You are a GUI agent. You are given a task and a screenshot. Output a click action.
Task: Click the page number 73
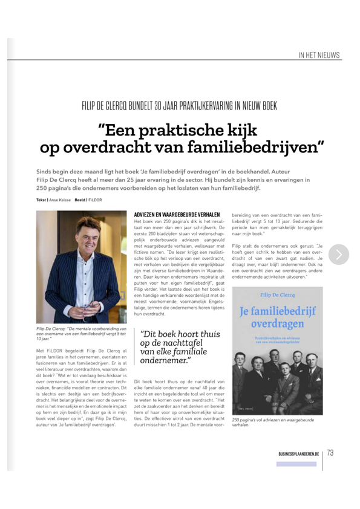tap(330, 452)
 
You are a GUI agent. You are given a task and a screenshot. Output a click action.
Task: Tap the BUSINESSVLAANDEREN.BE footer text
tap(298, 453)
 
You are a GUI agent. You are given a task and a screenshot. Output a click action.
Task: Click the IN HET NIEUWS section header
tap(319, 55)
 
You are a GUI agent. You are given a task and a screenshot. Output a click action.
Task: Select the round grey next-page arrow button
tap(339, 254)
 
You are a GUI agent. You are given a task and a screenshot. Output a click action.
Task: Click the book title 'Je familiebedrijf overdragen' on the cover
tap(278, 318)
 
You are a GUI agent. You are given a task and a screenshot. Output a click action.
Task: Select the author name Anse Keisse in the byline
tap(59, 199)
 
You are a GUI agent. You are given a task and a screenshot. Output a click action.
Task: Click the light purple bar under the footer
tap(296, 464)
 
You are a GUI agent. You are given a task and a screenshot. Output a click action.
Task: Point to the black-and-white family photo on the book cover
tap(278, 377)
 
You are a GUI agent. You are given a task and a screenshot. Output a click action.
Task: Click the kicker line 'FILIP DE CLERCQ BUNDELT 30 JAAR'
tap(180, 106)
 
